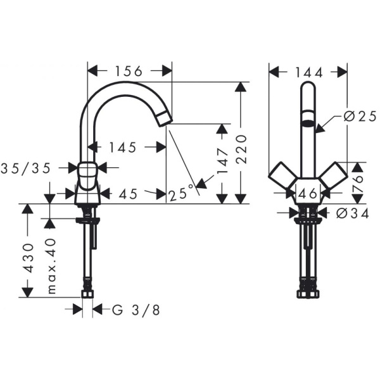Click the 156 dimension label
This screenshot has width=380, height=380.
130,71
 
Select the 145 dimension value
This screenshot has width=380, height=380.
123,148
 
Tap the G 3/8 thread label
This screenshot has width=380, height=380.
135,310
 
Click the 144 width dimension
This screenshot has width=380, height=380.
308,72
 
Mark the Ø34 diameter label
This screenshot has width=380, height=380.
353,213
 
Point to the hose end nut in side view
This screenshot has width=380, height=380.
87,293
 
